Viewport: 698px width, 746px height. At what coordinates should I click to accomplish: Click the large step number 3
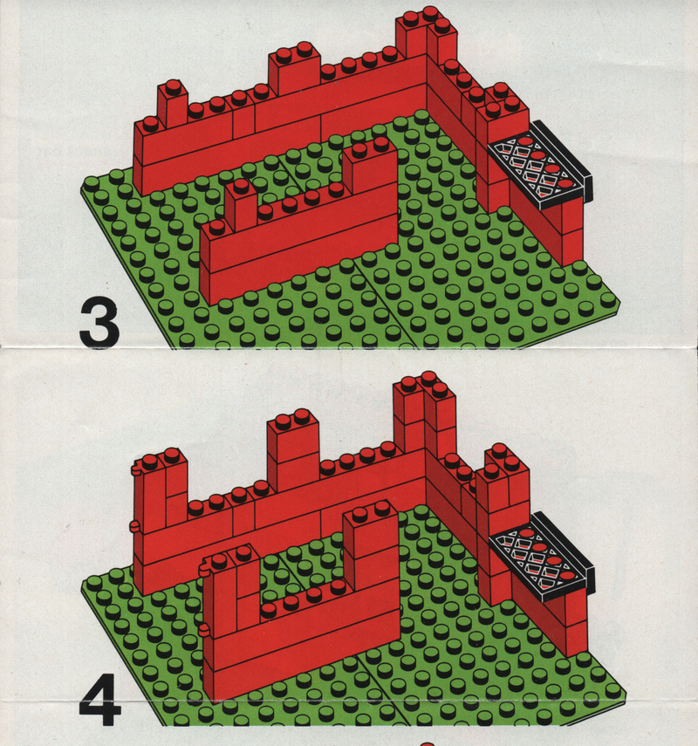99,324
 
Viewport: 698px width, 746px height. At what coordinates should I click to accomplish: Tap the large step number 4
100,700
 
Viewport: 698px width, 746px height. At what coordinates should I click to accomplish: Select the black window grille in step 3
540,167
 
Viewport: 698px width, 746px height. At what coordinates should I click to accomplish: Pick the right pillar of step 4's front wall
370,543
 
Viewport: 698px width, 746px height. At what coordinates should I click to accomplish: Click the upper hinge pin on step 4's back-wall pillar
135,471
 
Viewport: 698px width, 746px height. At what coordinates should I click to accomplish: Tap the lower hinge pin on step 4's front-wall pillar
203,631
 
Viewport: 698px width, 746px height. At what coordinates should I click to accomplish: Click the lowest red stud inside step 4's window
566,577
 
